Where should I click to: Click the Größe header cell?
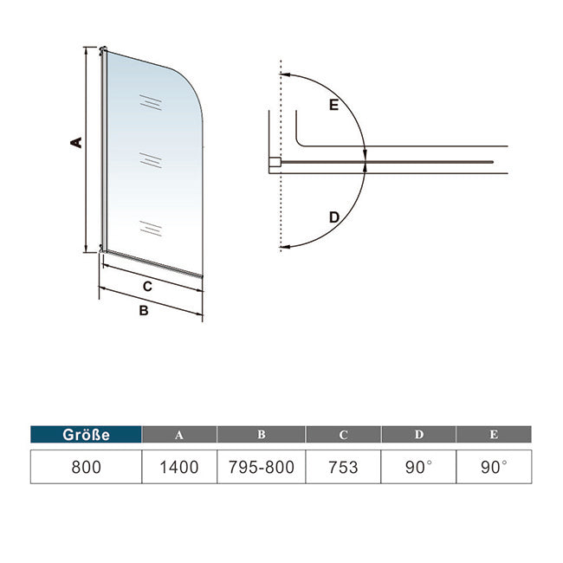pyautogui.click(x=86, y=435)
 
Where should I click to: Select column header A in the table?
pyautogui.click(x=179, y=435)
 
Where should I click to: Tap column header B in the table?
pyautogui.click(x=261, y=435)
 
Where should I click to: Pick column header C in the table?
pyautogui.click(x=343, y=435)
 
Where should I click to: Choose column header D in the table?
pyautogui.click(x=418, y=435)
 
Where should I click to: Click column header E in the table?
pyautogui.click(x=494, y=435)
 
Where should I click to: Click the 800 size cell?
pyautogui.click(x=86, y=467)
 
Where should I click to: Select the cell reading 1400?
pyautogui.click(x=179, y=467)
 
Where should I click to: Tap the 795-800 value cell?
pyautogui.click(x=261, y=467)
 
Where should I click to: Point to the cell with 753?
pyautogui.click(x=343, y=467)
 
